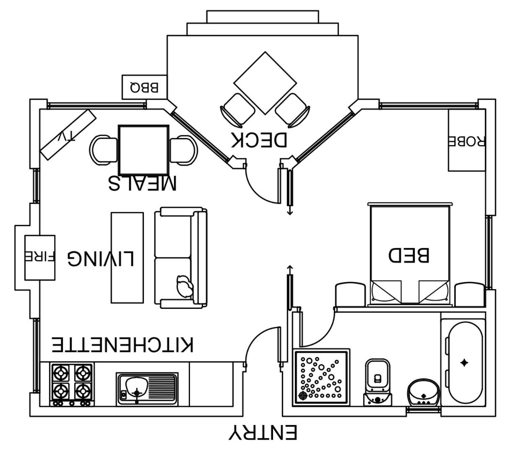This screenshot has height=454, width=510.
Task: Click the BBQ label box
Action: [x=144, y=87]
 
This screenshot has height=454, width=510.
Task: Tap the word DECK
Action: [x=259, y=140]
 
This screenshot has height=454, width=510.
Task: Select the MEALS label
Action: [x=143, y=183]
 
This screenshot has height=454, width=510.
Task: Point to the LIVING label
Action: [x=101, y=258]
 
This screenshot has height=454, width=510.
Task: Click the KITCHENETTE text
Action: [x=122, y=344]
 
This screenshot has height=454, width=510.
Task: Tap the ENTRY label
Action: [x=263, y=432]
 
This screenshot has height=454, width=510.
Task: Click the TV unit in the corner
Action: [x=68, y=135]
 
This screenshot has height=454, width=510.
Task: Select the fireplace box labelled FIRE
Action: [x=40, y=257]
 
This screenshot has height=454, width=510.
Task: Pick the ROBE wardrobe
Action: [x=467, y=140]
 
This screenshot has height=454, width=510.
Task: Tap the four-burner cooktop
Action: [x=72, y=384]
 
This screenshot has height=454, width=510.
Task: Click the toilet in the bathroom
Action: [x=377, y=382]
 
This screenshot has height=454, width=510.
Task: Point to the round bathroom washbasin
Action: [x=424, y=393]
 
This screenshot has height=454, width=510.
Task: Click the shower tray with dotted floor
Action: [x=321, y=377]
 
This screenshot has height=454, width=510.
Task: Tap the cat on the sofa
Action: [x=185, y=286]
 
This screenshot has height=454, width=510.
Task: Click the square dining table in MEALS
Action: [x=143, y=150]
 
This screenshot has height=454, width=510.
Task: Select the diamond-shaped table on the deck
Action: [x=265, y=83]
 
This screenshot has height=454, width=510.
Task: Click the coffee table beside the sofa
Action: [x=127, y=258]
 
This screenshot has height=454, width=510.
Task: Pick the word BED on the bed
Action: [x=409, y=255]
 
